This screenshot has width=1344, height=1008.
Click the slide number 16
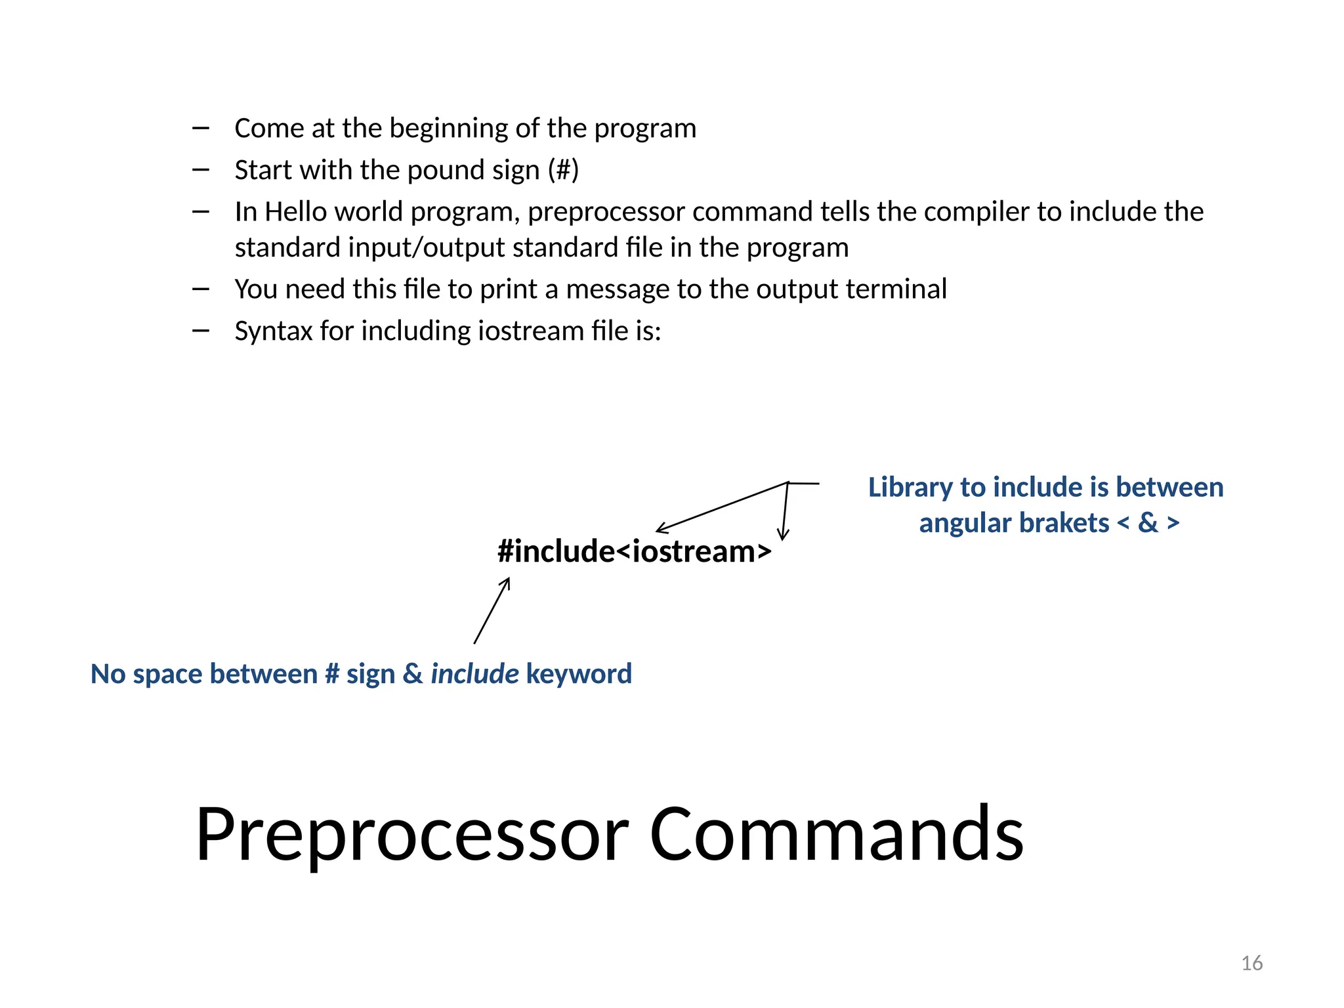1251,963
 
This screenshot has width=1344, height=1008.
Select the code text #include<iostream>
634,551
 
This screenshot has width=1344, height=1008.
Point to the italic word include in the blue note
474,674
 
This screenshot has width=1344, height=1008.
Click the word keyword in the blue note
579,674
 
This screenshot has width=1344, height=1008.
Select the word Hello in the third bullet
295,212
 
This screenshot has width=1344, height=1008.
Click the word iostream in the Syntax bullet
531,331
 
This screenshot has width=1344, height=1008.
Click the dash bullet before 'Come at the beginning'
201,128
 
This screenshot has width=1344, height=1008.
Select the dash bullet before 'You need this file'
201,289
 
